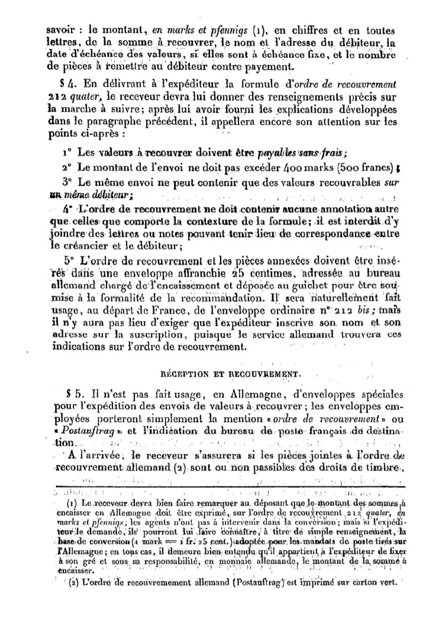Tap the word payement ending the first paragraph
click(248, 65)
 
